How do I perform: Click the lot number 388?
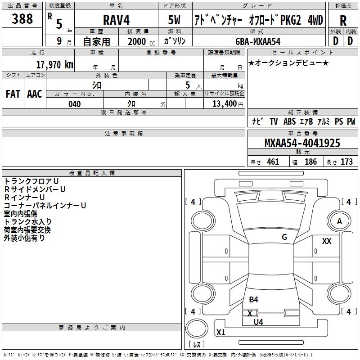[x=22, y=19]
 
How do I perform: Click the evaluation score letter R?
[x=343, y=21]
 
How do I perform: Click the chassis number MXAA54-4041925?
[x=302, y=144]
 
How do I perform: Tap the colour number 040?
[x=75, y=104]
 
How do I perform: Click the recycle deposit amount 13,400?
[x=224, y=104]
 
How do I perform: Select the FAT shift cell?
[x=13, y=94]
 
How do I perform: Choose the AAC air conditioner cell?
[x=35, y=94]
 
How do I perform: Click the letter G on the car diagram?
[x=284, y=237]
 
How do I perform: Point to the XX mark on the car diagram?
[x=327, y=242]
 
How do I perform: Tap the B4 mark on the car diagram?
[x=254, y=300]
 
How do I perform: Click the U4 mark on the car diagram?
[x=258, y=322]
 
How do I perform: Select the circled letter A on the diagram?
[x=340, y=221]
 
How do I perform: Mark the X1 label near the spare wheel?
[x=221, y=333]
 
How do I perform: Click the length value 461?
[x=273, y=162]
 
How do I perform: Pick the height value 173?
[x=346, y=162]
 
